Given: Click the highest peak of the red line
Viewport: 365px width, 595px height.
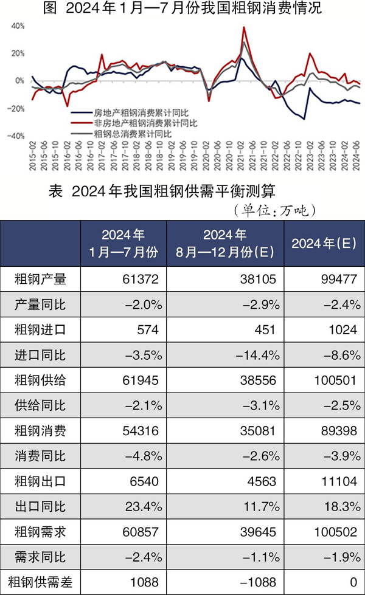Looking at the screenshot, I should tap(244, 27).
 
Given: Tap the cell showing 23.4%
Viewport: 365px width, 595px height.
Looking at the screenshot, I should tap(142, 507).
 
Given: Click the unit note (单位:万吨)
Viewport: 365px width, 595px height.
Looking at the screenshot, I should tap(274, 210).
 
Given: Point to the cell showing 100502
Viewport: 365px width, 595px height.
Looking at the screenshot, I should tap(329, 533).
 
